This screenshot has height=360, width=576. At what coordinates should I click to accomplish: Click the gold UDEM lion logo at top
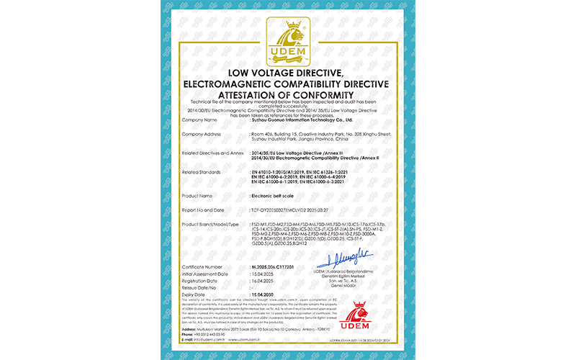pyautogui.click(x=287, y=42)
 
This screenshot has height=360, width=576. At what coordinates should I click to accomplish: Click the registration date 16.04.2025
pyautogui.click(x=264, y=280)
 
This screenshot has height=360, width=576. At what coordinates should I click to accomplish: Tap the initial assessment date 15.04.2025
pyautogui.click(x=264, y=274)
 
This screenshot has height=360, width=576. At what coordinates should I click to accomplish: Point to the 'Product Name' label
pyautogui.click(x=199, y=195)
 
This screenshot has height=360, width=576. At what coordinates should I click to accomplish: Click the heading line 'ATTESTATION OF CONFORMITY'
pyautogui.click(x=287, y=94)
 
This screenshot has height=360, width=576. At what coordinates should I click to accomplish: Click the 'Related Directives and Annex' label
pyautogui.click(x=214, y=153)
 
